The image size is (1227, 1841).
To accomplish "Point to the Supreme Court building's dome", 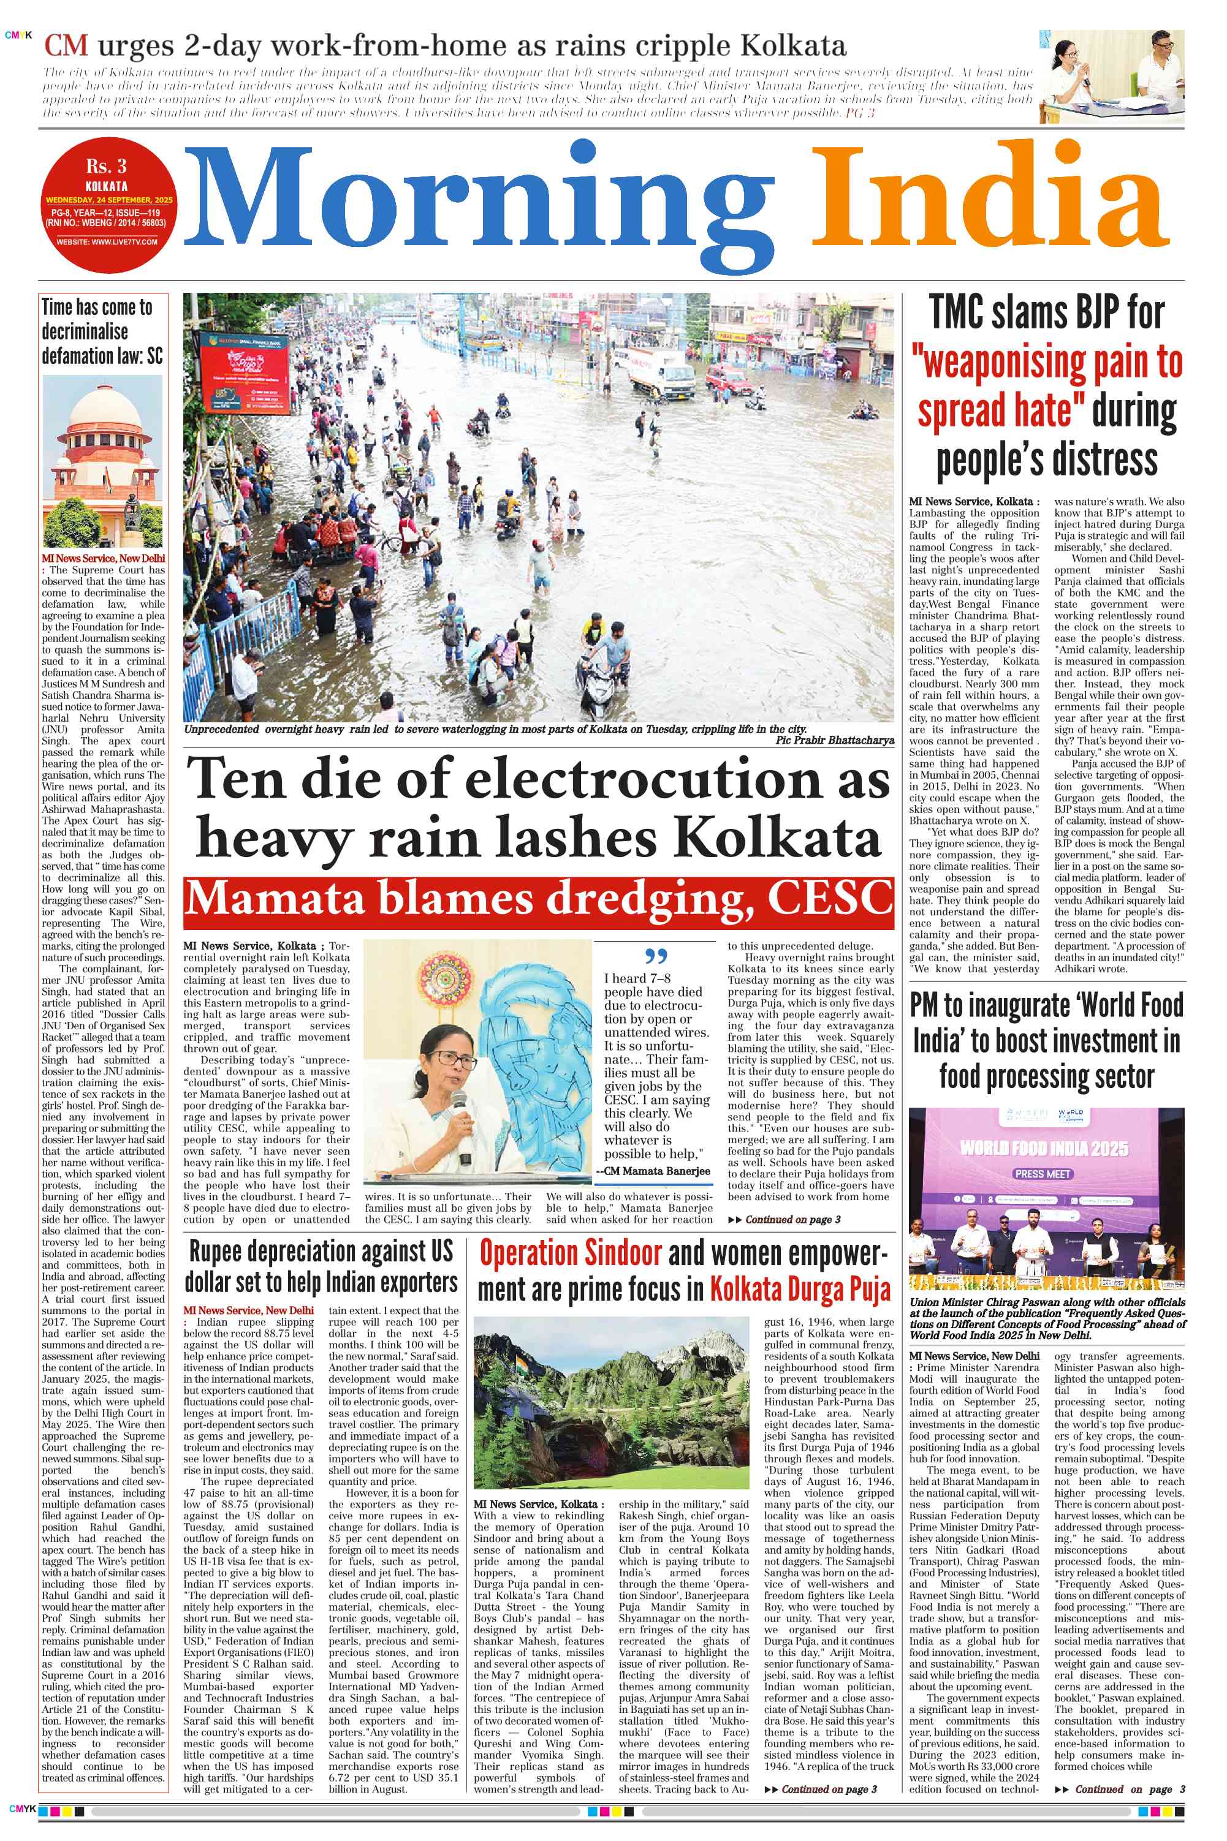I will tap(102, 418).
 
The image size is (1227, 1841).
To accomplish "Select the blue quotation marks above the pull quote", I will tap(656, 956).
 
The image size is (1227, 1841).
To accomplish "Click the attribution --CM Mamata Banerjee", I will tap(653, 1171).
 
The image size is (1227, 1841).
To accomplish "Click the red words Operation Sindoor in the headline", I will tap(571, 1253).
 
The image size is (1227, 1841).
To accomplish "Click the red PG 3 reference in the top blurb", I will tap(860, 113).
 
